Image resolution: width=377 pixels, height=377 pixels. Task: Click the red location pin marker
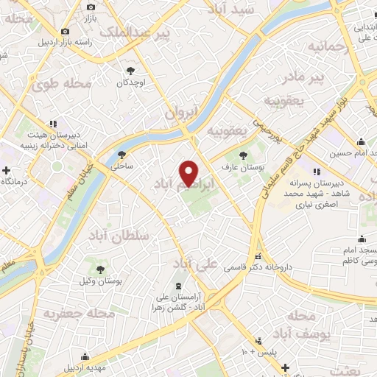tap(189, 173)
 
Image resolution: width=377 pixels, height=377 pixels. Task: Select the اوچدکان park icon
tap(130, 71)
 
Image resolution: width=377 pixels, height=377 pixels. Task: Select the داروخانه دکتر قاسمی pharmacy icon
tap(257, 256)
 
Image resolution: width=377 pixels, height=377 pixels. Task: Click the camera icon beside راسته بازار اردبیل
tap(66, 31)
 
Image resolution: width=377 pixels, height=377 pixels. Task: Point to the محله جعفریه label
tap(80, 314)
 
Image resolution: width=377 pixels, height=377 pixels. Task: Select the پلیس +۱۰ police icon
tap(258, 341)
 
